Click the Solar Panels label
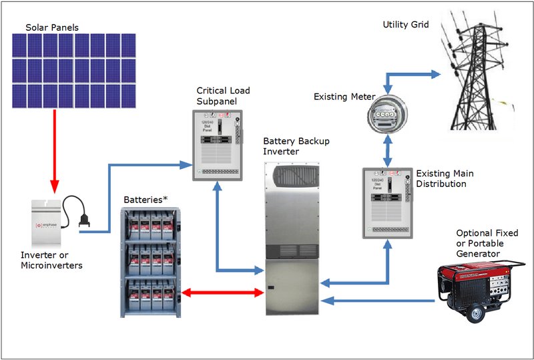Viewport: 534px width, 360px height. pos(51,27)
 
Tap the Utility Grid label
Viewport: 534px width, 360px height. pos(405,25)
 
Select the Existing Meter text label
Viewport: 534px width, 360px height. pos(344,98)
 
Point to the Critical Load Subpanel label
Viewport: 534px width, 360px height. pos(223,95)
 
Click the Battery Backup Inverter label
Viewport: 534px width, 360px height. pos(296,146)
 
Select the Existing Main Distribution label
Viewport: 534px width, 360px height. pos(441,178)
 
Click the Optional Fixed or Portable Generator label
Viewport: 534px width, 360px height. pos(486,243)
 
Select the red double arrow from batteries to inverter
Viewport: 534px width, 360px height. pos(221,293)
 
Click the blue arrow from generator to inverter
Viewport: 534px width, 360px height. pos(384,301)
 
